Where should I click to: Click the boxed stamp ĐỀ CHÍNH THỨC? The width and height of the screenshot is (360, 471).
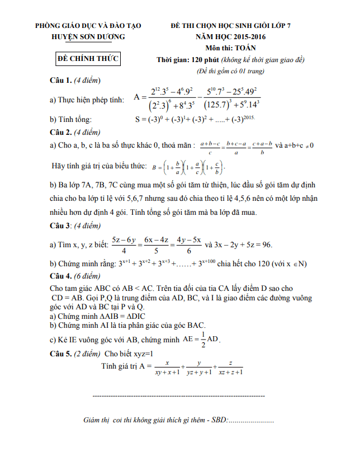coord(89,59)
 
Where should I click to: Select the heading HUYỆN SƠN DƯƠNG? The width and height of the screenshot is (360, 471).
coord(88,36)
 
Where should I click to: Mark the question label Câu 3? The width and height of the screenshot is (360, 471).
coord(61,226)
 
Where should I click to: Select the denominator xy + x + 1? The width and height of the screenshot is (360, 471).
coord(167,372)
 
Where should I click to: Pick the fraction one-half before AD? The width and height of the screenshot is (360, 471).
coord(203,339)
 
